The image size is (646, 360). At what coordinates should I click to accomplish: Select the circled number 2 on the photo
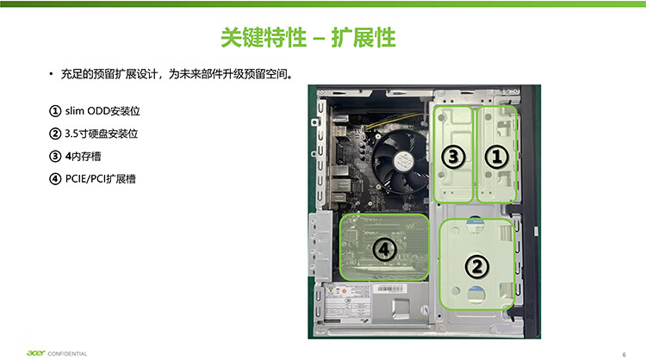475,265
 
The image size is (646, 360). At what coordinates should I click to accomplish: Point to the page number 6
622,353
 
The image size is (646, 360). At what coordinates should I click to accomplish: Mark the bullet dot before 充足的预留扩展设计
52,75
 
